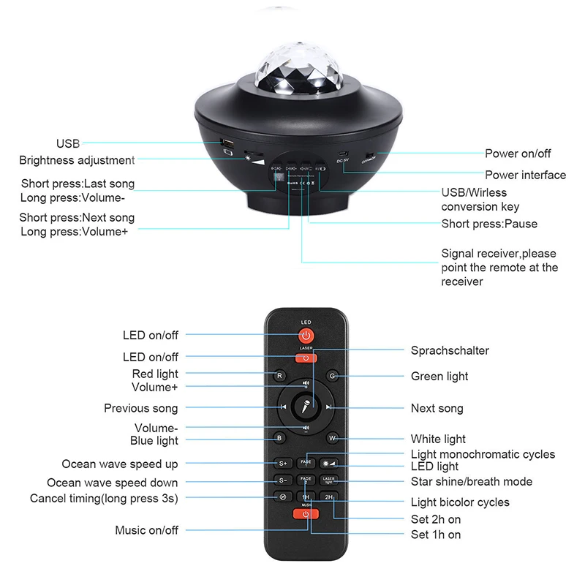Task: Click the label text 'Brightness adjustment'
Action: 77,160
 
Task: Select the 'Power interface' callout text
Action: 525,175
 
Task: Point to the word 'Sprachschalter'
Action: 450,350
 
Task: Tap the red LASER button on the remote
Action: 306,358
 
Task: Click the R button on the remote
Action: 279,376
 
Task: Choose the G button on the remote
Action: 332,376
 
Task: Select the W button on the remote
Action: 332,439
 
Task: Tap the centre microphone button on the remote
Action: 306,407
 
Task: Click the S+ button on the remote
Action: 282,464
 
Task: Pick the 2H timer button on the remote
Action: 329,497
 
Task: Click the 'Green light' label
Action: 439,377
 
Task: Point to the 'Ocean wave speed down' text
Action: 112,483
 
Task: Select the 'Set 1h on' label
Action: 436,535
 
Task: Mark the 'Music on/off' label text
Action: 146,530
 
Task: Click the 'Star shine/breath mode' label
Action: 472,482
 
